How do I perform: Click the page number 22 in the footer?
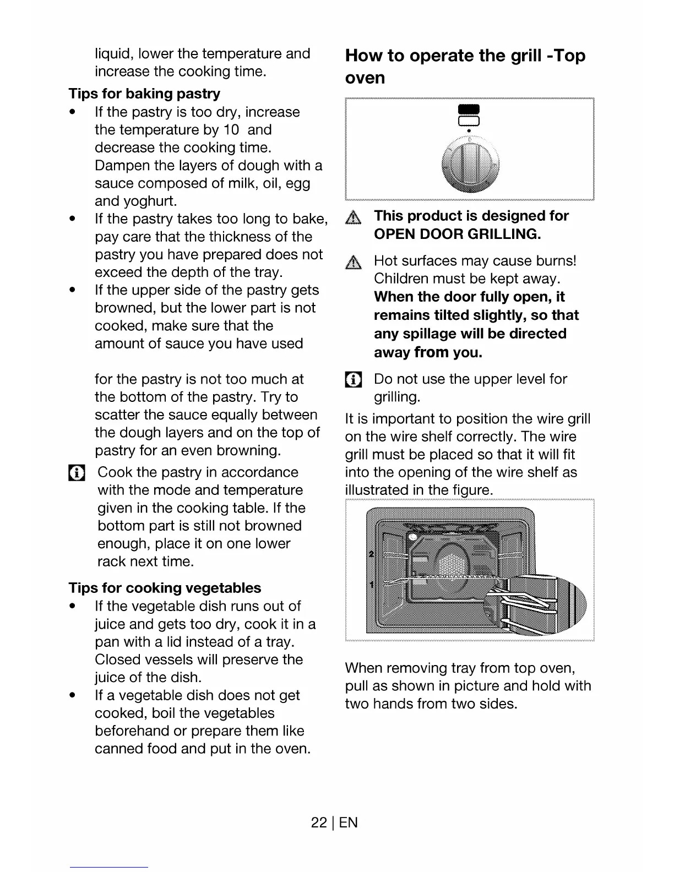[x=318, y=822]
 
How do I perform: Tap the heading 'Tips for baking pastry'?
[x=144, y=94]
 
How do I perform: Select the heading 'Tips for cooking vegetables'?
[x=165, y=588]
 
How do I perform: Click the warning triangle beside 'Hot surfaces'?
[x=354, y=263]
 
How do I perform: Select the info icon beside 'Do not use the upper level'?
[x=353, y=380]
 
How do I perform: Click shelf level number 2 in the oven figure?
[x=371, y=553]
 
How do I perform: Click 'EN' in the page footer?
[x=349, y=822]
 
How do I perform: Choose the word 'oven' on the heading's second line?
[x=365, y=78]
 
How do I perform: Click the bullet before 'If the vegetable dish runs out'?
[x=73, y=606]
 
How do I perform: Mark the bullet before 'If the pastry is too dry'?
[x=73, y=112]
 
